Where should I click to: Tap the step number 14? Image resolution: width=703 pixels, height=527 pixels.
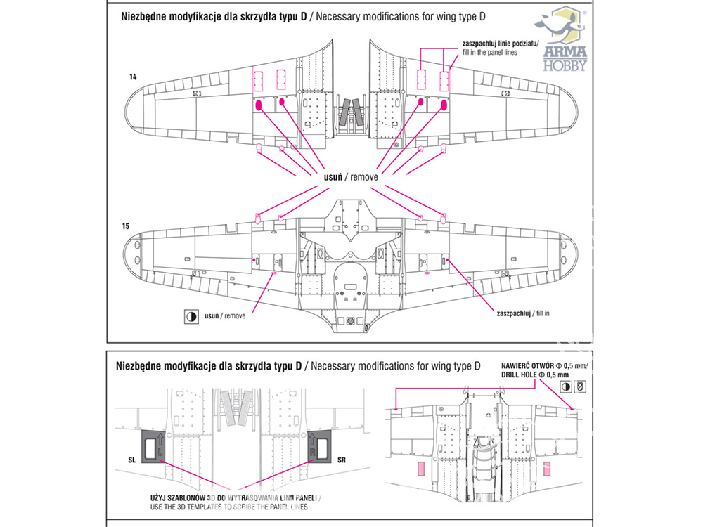coord(133,75)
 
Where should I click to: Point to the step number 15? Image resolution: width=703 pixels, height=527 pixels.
coord(125,226)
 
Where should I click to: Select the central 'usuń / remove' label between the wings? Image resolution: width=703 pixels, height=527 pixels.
coord(350,177)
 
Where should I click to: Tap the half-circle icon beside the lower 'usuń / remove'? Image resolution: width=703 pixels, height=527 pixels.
coord(189,316)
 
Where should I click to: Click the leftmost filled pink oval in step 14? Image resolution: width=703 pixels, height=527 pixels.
coord(259,105)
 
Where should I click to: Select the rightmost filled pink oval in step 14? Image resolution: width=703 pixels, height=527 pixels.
coord(444,105)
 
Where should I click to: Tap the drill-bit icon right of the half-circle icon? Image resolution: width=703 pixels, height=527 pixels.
coord(581,387)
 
